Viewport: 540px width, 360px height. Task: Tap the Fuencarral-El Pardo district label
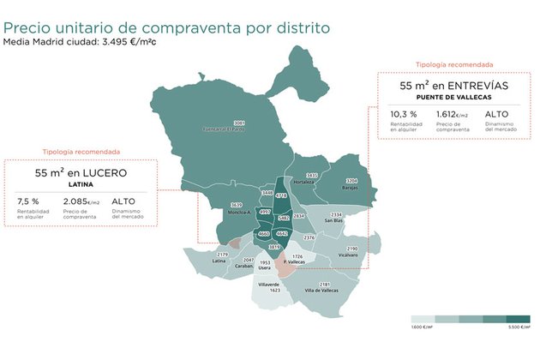click(227, 130)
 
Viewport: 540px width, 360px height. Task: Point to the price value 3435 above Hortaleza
click(312, 176)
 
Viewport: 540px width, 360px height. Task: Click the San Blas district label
click(333, 220)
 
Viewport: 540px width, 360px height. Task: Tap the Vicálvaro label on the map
click(347, 255)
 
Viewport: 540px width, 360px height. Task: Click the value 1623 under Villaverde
click(274, 291)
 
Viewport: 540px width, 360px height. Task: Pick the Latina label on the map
click(219, 261)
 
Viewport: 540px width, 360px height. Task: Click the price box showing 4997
click(265, 211)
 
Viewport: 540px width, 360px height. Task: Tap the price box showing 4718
click(281, 196)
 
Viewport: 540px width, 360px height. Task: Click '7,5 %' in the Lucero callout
click(28, 201)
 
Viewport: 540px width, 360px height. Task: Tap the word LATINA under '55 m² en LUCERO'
click(81, 184)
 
